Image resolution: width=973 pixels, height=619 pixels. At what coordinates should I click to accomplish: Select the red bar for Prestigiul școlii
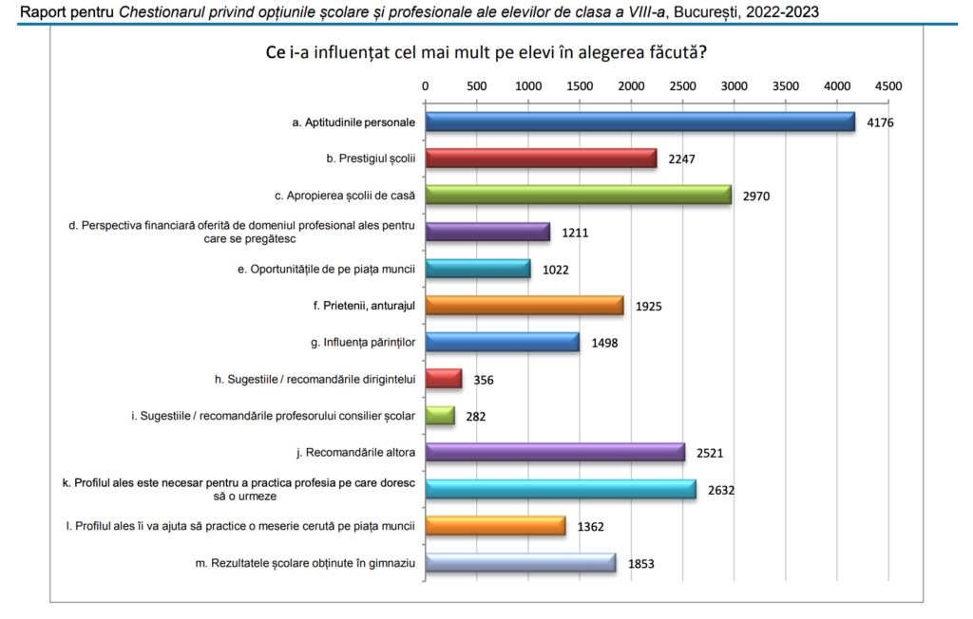tap(541, 159)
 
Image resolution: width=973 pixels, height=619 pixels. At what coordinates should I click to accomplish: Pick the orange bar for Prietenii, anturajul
tap(525, 306)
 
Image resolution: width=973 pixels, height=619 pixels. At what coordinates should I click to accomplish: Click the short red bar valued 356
tap(444, 379)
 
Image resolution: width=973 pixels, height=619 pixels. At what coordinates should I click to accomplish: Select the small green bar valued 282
tap(440, 416)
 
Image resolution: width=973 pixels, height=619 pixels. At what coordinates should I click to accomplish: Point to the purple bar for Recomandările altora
tap(555, 453)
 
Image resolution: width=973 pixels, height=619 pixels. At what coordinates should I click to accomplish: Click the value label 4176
tap(881, 122)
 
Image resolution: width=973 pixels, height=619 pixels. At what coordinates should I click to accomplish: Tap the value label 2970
tap(756, 197)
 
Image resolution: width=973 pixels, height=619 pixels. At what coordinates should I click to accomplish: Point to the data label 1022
tap(555, 270)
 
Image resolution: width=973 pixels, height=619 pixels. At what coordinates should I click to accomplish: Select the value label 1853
tap(641, 564)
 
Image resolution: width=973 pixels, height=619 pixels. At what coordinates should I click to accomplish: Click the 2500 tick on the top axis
tap(682, 86)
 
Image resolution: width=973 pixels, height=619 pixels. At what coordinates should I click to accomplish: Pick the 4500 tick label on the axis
tap(888, 86)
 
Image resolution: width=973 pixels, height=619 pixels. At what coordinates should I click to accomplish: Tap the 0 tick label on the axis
tap(426, 86)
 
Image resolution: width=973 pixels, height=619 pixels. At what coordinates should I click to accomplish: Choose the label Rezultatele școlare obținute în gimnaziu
tap(305, 563)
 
